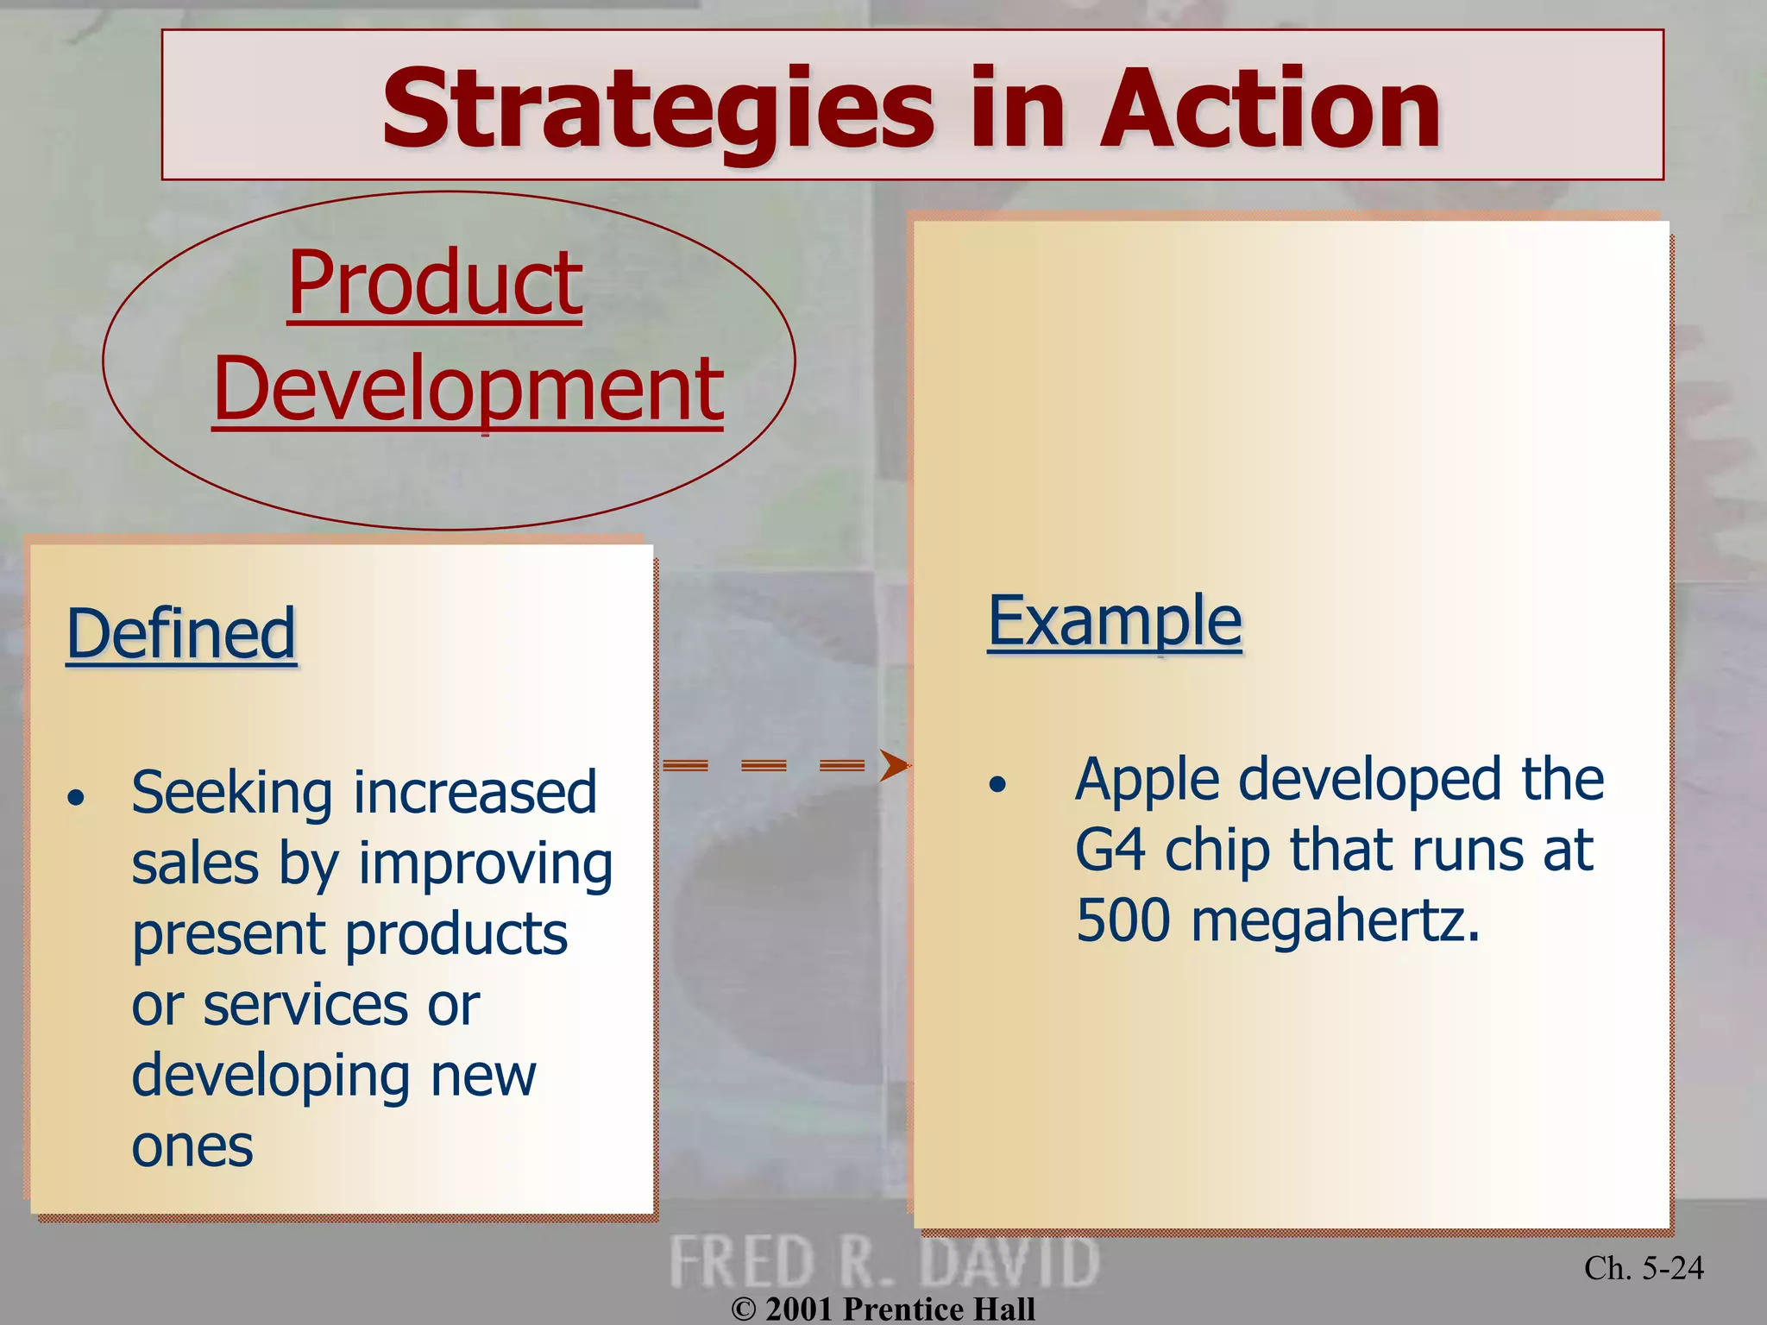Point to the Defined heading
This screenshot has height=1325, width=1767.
[181, 634]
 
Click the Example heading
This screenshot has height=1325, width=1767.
[1114, 620]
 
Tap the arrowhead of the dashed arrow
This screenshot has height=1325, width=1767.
[894, 765]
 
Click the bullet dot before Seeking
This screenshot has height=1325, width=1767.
[77, 798]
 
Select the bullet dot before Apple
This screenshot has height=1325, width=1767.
[997, 784]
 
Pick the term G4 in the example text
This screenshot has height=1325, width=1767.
[1110, 851]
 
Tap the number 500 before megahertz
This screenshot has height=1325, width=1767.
[1123, 920]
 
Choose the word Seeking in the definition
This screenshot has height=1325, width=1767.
[231, 794]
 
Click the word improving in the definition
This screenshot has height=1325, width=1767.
[485, 865]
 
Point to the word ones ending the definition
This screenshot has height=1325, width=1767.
[192, 1147]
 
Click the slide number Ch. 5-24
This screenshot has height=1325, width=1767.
[1643, 1268]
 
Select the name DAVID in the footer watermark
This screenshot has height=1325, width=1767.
[1009, 1263]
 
